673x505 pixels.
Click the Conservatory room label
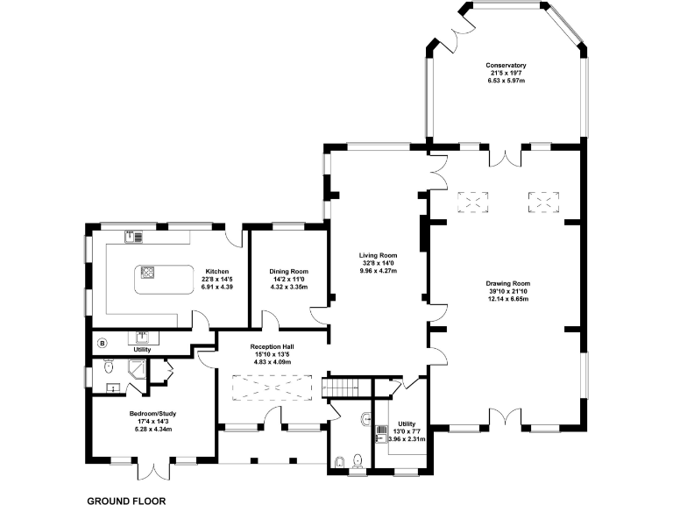507,65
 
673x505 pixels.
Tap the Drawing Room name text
508,283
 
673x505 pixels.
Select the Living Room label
378,255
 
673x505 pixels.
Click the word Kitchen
217,271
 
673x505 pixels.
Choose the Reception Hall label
272,346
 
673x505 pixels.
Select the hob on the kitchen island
147,272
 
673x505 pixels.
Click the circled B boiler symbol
102,342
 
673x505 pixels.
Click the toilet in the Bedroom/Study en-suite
108,365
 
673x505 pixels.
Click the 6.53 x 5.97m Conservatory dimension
507,81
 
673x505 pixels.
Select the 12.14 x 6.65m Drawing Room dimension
508,299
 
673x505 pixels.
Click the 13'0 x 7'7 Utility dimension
407,430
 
